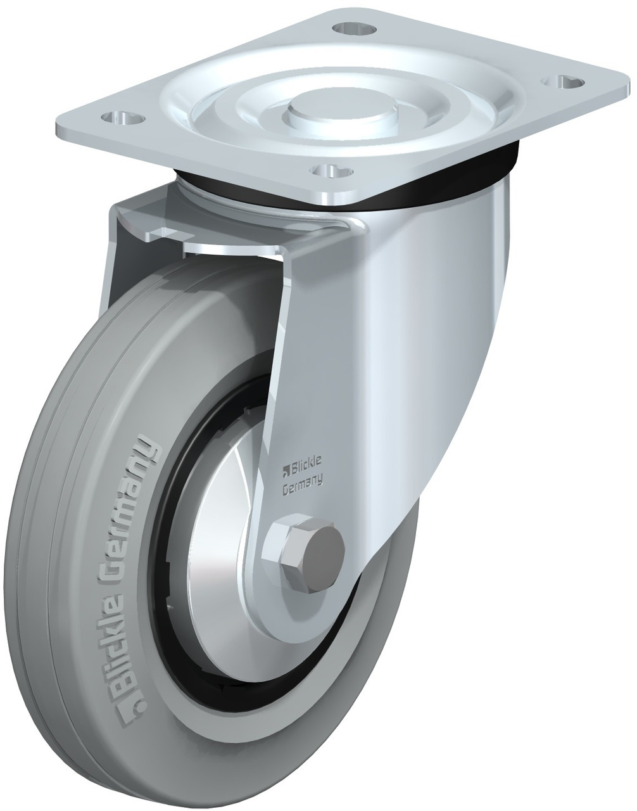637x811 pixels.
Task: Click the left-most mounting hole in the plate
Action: (x=123, y=118)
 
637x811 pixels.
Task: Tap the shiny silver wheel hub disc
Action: (x=215, y=558)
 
